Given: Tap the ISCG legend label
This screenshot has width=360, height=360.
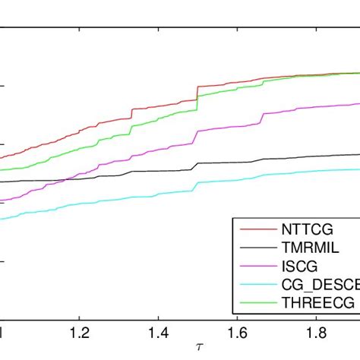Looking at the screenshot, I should click(x=298, y=267).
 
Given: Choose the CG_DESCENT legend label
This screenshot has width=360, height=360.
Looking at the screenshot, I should click(x=318, y=286).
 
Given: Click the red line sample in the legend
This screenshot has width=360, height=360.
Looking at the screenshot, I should click(x=254, y=229).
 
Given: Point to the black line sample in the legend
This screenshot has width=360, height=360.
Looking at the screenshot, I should click(x=254, y=248).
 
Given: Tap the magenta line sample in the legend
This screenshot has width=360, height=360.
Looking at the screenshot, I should click(x=254, y=267).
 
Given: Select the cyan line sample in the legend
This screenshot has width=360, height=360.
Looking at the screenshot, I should click(x=254, y=286).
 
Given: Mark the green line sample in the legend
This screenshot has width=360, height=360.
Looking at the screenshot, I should click(x=254, y=305).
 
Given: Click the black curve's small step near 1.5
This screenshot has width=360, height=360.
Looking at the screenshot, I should click(x=197, y=166).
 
